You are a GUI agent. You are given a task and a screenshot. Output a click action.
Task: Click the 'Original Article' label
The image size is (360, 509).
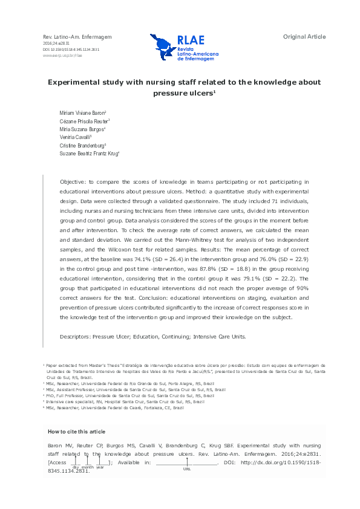(304, 37)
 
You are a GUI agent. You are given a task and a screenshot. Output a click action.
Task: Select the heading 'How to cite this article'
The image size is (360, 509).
(76, 431)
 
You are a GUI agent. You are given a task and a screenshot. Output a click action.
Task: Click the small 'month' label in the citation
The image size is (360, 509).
(88, 467)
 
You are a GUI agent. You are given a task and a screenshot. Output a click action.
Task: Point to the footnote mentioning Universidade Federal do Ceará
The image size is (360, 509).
(114, 408)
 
